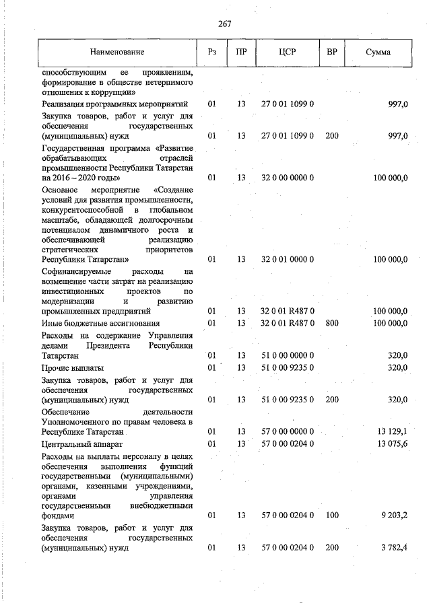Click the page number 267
(225, 24)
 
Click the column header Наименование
(117, 52)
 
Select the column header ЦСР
(288, 52)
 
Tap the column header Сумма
(378, 52)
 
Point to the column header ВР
(331, 52)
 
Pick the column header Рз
(211, 52)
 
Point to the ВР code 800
(331, 323)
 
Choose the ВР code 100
(331, 515)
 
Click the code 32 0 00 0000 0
(288, 178)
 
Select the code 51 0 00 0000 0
(288, 355)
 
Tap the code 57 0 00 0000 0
(288, 431)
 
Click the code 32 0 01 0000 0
(288, 259)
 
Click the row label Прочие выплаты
(72, 367)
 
